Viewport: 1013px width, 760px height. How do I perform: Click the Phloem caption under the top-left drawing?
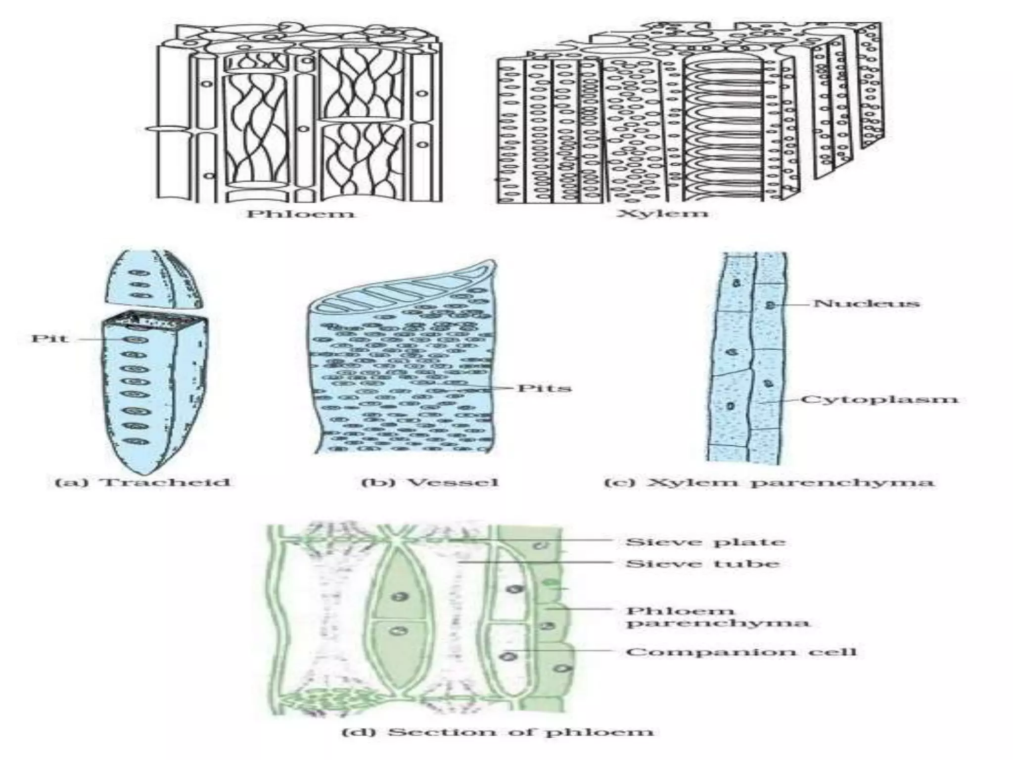[301, 214]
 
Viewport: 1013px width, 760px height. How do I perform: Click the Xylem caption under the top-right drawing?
[662, 213]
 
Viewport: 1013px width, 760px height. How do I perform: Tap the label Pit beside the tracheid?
[49, 339]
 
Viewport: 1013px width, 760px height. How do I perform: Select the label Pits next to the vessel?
[544, 387]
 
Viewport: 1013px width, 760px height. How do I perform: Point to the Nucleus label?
[866, 303]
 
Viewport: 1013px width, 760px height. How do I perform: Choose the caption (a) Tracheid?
[142, 482]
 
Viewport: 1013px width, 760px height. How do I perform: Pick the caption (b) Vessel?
[429, 482]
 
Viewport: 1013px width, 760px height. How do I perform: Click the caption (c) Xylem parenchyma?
[769, 482]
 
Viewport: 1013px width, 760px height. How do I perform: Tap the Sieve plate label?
[705, 541]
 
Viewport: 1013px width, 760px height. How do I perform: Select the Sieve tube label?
[702, 563]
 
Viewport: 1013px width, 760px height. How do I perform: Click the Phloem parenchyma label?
[717, 617]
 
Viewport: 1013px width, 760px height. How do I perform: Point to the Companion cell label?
[740, 652]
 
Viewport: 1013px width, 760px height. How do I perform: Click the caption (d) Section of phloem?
[498, 731]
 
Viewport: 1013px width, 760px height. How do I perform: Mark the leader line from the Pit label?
[99, 339]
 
